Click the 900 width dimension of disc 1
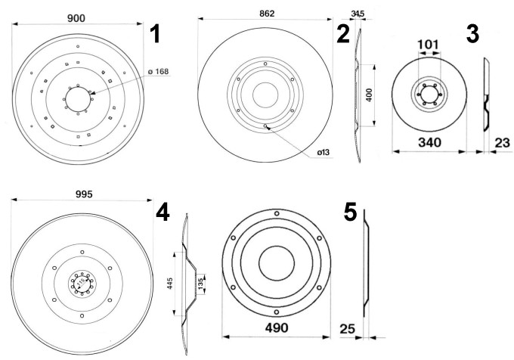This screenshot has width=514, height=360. pos(76,18)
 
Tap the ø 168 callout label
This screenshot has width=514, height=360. pos(158,71)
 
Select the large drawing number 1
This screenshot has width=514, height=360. pos(154,34)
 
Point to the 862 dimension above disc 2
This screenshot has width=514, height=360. pos(267,14)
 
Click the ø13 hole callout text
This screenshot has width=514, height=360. pos(324,152)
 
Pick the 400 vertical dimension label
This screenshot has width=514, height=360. pos(369,95)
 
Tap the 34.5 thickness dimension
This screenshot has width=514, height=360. pos(358,14)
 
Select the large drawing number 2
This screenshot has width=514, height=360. pos(343,34)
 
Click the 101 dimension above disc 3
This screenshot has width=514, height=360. pos(429,45)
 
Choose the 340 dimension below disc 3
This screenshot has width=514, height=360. pos(429,143)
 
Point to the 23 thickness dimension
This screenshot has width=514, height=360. pos(502,143)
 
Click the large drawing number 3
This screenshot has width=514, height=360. pos(472,34)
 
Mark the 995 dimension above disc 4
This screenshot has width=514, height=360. pos(84,194)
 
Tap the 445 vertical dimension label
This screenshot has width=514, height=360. pos(170,284)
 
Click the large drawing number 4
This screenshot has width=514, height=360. pos(163,212)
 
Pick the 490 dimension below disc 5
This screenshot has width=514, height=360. pos(277,327)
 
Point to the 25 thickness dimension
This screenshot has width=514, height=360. pos(348,328)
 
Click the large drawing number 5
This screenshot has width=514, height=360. pos(350,212)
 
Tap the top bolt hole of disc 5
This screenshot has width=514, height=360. pos(277,213)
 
